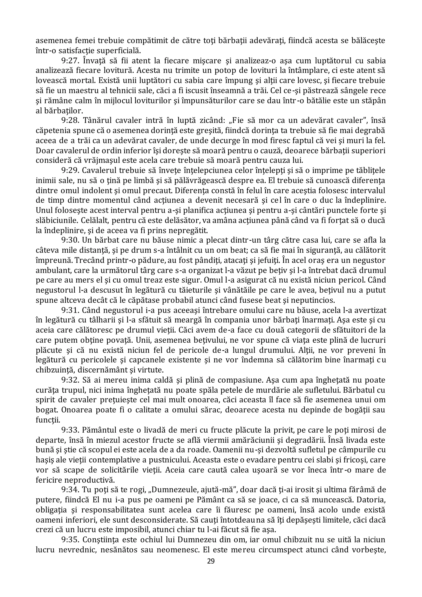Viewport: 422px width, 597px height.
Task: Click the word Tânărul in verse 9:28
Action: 97,121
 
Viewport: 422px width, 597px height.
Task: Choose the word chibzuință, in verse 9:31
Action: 56,370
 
